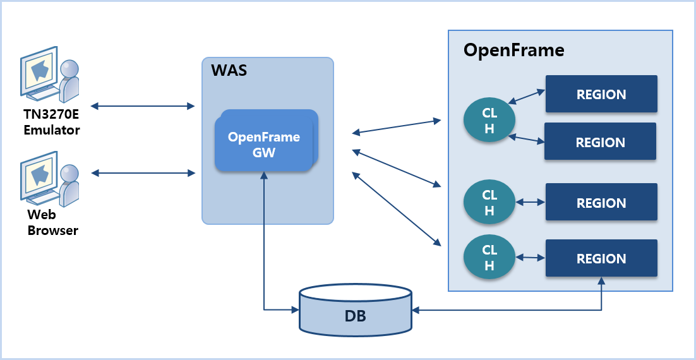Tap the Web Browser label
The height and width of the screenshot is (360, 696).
(x=52, y=224)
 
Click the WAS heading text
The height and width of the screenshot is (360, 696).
(x=229, y=69)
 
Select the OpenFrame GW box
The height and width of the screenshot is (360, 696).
(x=264, y=144)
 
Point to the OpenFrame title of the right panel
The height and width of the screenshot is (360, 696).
(x=513, y=50)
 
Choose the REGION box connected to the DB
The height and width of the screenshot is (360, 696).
(x=601, y=258)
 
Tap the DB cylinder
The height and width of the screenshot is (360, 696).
(x=356, y=315)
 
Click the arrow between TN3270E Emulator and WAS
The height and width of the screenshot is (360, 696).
(x=142, y=105)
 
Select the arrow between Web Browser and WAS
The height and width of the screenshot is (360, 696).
(x=143, y=172)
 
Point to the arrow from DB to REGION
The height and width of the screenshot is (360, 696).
(x=518, y=310)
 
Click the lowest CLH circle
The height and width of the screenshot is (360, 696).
(x=489, y=258)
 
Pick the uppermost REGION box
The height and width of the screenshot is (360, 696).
(x=601, y=94)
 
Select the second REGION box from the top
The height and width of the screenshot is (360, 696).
(x=600, y=141)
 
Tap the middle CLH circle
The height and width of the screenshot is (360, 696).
(x=489, y=203)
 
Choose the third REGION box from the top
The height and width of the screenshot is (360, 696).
(x=601, y=203)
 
